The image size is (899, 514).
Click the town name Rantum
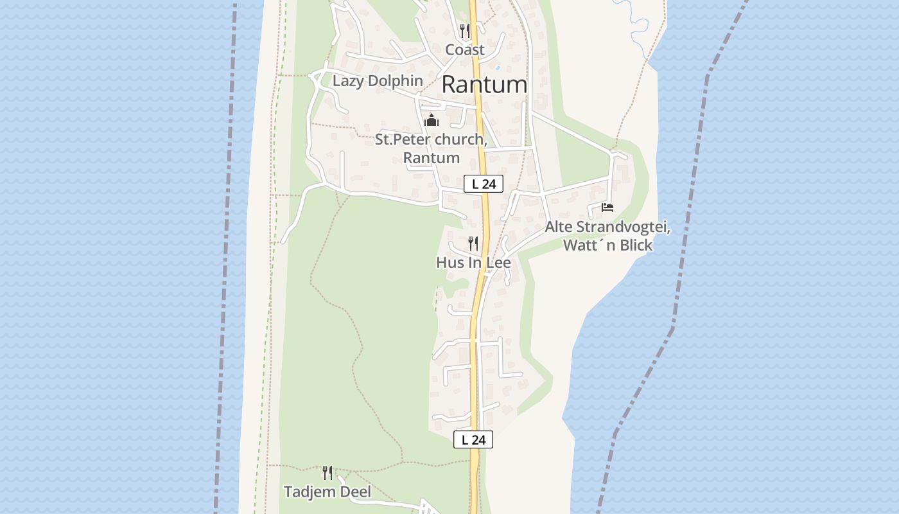pos(485,84)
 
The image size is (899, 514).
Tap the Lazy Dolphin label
pos(378,81)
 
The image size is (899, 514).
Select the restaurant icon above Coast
pos(465,30)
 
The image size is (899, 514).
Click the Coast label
pos(465,49)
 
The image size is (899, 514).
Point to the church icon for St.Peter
pos(432,121)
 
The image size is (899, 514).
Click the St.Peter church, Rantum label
pos(431,148)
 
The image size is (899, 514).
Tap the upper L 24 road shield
pos(484,184)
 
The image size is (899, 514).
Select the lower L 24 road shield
pos(473,439)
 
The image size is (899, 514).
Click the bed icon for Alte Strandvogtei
pos(607,207)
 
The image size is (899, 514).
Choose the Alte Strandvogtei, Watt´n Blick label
pos(607,236)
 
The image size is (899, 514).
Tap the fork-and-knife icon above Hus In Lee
pos(473,243)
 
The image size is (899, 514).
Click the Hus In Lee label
pos(473,262)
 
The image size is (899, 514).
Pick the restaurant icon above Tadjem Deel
pos(327,473)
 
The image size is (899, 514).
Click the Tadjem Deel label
pos(327,492)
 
